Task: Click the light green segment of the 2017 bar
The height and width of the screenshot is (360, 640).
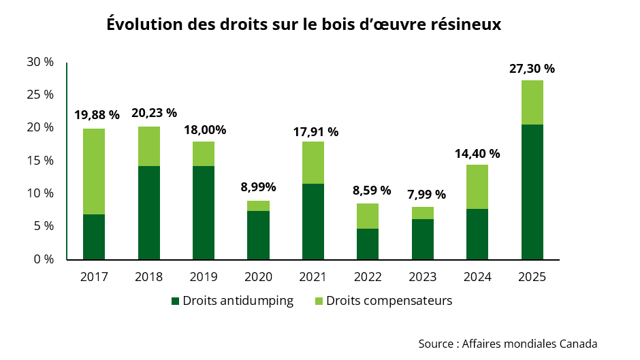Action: [94, 171]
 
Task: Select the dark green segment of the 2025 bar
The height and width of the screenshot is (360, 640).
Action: [532, 192]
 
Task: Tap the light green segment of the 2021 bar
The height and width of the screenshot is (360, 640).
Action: [313, 163]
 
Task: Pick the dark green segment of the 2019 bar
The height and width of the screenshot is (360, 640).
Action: [204, 212]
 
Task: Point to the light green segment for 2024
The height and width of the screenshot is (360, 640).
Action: [477, 186]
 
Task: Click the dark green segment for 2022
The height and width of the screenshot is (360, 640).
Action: [368, 244]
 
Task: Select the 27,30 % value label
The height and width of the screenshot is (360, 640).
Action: [532, 69]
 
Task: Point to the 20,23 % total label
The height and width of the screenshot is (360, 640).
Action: [148, 113]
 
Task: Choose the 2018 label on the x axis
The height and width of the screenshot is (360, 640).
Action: [148, 277]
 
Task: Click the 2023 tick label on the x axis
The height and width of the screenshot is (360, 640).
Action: [422, 277]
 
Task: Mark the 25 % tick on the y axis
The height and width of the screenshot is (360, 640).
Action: [40, 95]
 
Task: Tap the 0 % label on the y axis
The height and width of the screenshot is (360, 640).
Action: [43, 259]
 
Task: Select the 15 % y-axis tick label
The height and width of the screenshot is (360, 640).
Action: [40, 161]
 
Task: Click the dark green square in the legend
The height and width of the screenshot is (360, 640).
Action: [175, 301]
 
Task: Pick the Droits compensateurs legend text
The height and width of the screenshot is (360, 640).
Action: [389, 301]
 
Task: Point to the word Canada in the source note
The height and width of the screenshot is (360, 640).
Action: [578, 343]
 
